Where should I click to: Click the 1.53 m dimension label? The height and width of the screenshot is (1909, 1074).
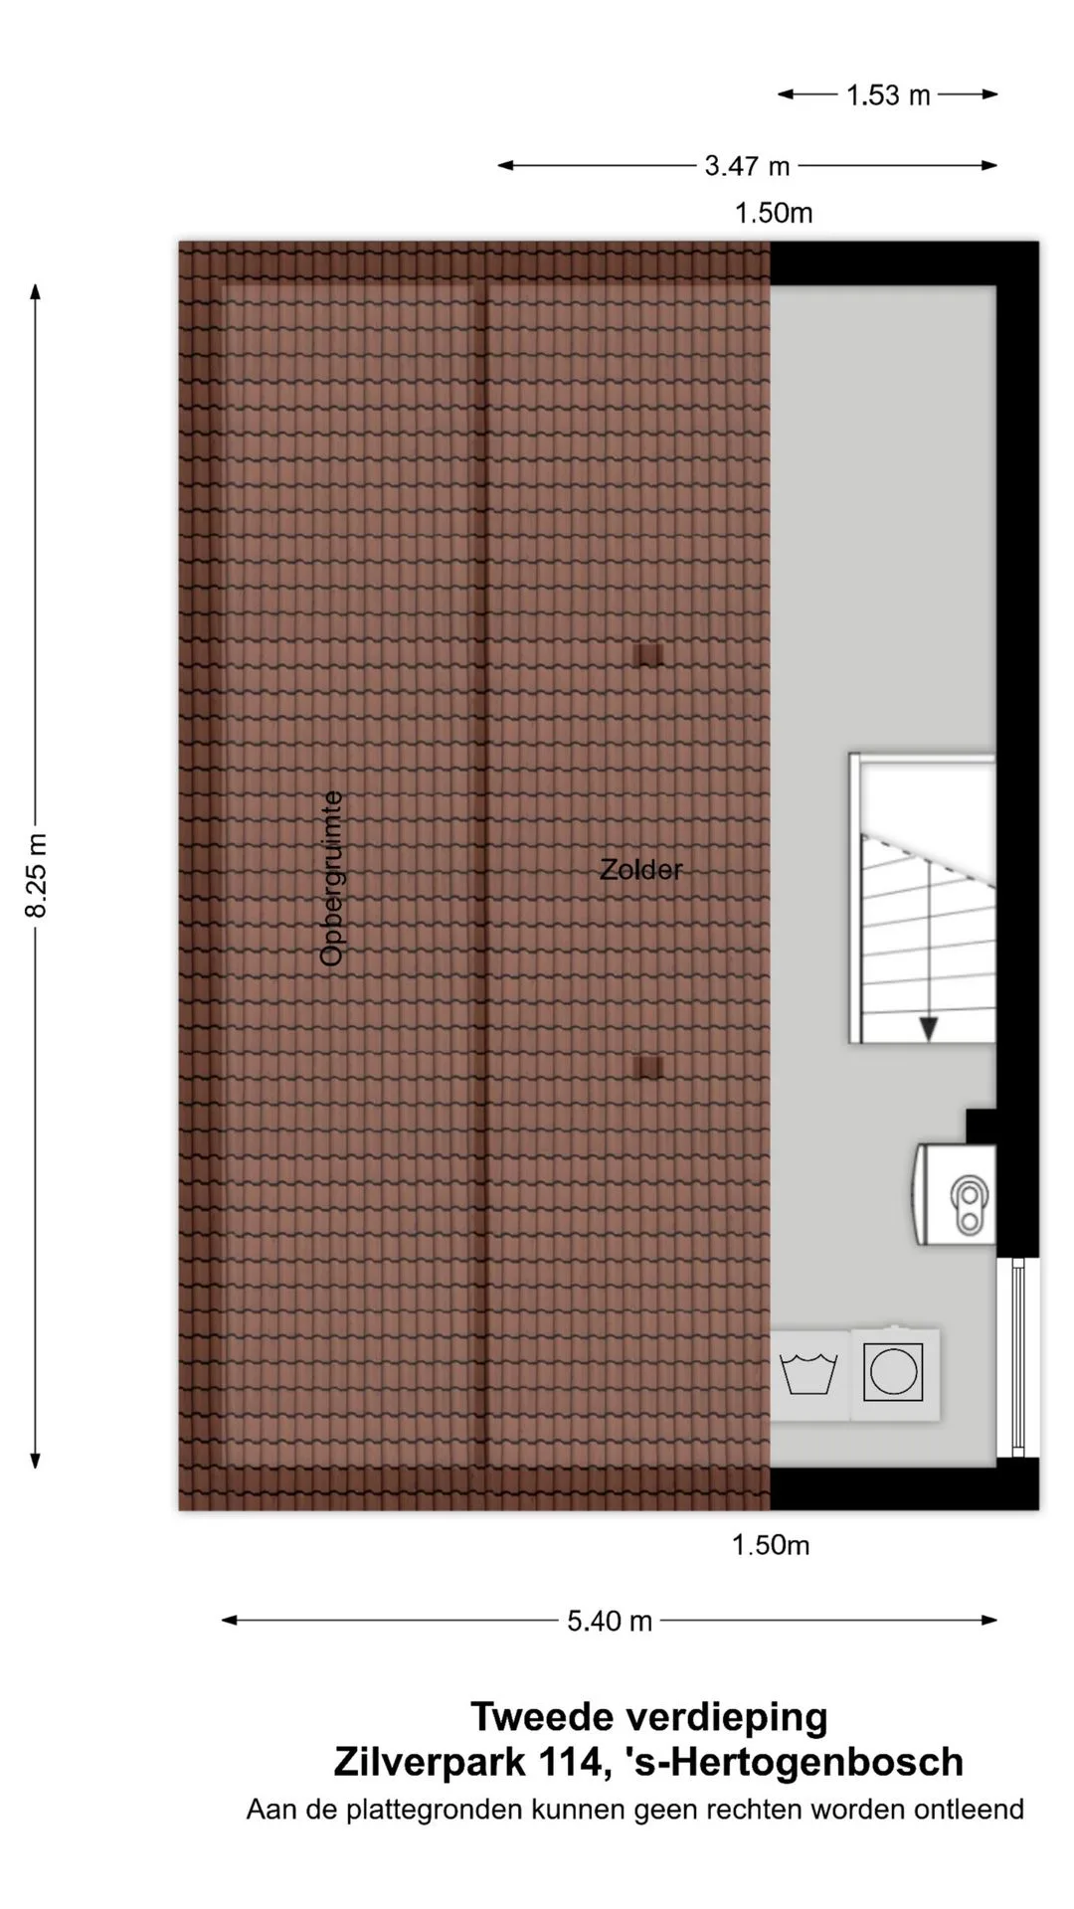888,95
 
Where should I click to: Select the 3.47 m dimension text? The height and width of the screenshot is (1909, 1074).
747,166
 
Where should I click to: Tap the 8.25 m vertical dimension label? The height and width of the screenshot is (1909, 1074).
37,876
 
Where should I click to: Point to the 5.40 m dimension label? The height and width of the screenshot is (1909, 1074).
610,1622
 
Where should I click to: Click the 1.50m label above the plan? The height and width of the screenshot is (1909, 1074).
774,213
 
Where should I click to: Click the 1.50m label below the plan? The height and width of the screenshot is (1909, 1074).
771,1545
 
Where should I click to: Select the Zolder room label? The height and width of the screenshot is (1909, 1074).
641,870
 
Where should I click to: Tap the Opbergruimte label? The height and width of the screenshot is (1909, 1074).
332,878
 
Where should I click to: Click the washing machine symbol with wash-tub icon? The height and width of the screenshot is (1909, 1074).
809,1375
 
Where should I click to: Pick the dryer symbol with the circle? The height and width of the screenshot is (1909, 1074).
894,1373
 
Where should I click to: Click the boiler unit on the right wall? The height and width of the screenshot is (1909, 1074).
954,1194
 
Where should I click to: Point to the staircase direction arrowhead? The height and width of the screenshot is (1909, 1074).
928,1028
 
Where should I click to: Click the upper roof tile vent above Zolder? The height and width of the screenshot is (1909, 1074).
648,654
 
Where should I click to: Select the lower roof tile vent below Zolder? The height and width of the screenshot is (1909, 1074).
647,1067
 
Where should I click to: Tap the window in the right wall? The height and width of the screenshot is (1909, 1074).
1017,1357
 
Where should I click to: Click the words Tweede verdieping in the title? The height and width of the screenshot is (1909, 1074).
649,1717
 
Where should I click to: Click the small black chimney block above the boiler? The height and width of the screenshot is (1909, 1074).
981,1126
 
